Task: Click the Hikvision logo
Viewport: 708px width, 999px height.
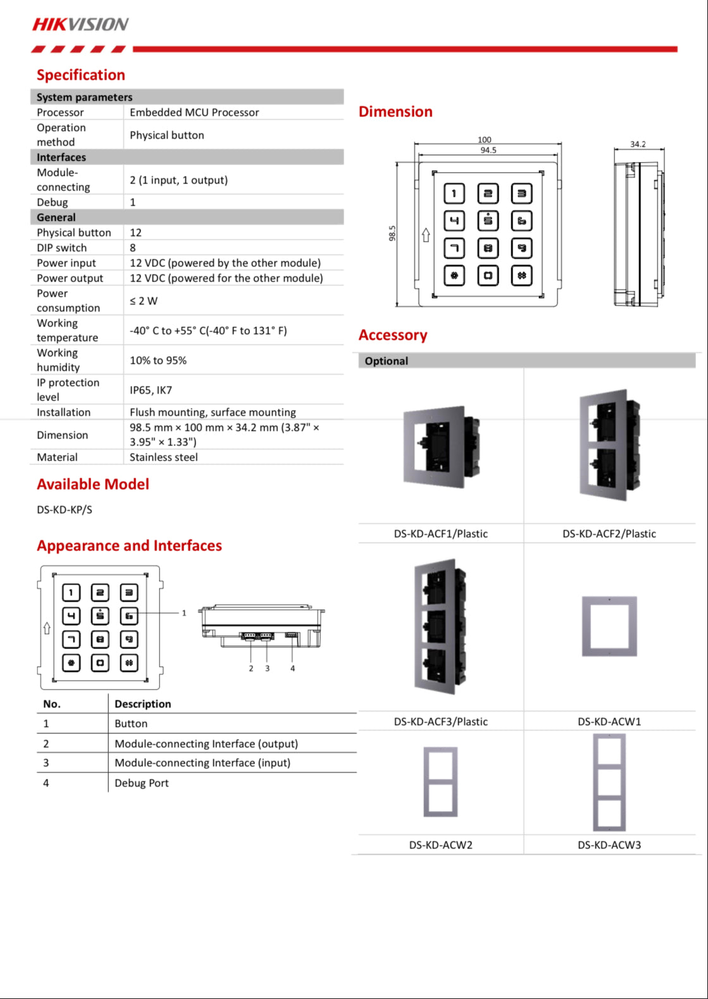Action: coord(80,25)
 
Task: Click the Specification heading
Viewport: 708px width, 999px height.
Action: coord(81,75)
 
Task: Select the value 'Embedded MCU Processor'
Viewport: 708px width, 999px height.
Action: coord(194,113)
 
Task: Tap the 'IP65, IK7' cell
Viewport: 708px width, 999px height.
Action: coord(151,390)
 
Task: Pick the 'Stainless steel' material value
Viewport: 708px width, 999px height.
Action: coord(163,457)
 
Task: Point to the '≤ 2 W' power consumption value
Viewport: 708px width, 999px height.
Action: coord(144,301)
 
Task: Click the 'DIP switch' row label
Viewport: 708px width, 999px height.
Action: coord(62,248)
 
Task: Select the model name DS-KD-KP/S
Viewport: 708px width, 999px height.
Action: coord(65,510)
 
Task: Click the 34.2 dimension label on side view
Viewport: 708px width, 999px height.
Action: coord(638,144)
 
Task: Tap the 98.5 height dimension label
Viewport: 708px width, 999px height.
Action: coord(392,233)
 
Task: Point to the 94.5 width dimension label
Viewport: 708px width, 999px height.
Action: coord(488,151)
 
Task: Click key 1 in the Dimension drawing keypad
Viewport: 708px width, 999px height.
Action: coord(454,194)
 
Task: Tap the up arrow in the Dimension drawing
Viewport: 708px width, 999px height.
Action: coord(426,235)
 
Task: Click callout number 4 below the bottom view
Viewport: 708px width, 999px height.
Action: coord(292,668)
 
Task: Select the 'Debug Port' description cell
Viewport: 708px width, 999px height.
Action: coord(142,783)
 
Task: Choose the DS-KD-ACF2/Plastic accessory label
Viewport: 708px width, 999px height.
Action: coord(609,534)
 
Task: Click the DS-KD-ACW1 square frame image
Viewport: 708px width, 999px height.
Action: coord(609,626)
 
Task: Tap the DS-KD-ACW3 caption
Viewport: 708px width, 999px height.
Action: coord(609,845)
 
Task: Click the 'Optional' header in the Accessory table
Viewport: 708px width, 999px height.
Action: coord(387,361)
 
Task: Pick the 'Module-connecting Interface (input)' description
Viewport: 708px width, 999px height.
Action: coord(202,763)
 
